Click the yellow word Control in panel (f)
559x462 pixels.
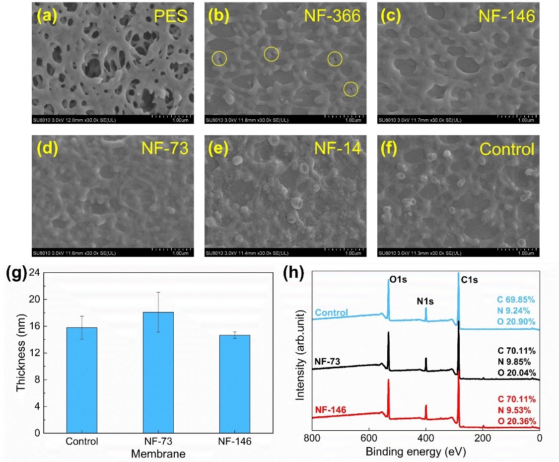coord(507,149)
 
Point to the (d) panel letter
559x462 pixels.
coord(46,149)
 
